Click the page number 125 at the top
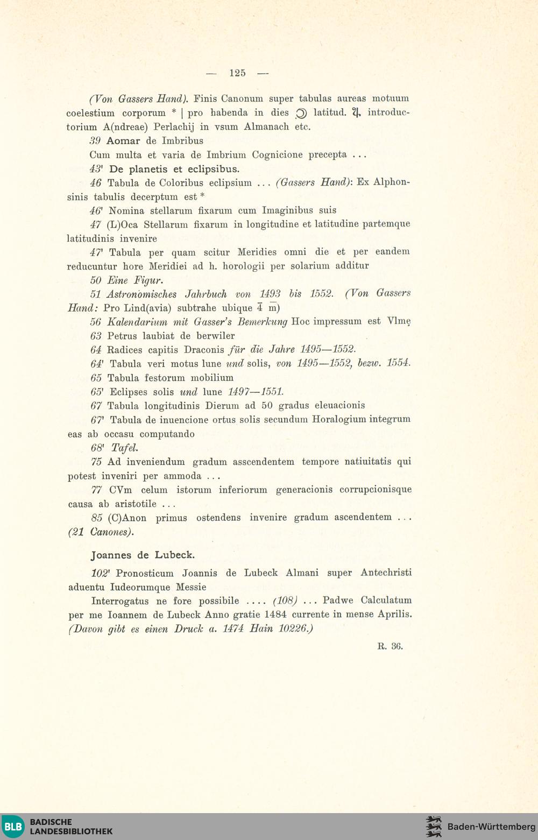coord(237,73)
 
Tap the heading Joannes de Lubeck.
coord(143,555)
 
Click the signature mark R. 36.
coord(390,646)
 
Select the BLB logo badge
coord(13,827)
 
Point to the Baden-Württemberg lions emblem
coord(434,827)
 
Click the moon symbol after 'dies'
coord(301,113)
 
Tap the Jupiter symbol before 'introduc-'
coord(356,113)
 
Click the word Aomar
coord(123,141)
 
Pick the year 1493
coord(270,294)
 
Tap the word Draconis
coord(204,350)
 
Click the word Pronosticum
coord(145,573)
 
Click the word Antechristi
coord(386,573)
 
